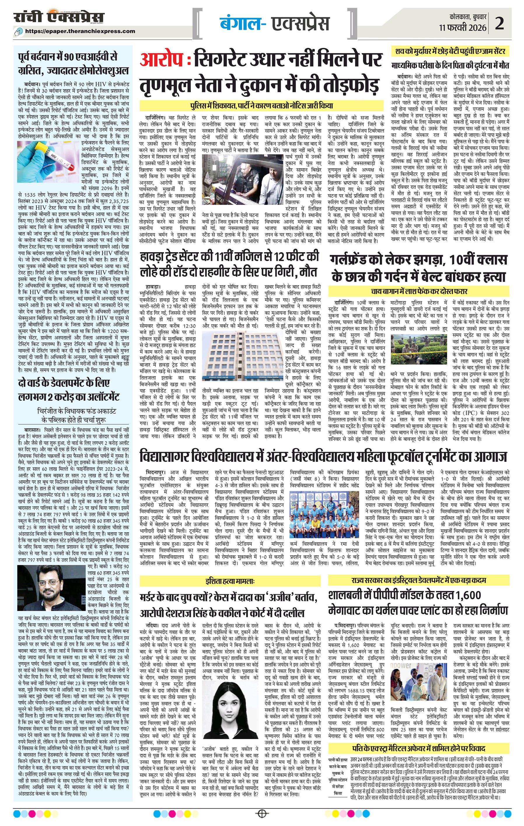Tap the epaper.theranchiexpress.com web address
(x=80, y=31)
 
